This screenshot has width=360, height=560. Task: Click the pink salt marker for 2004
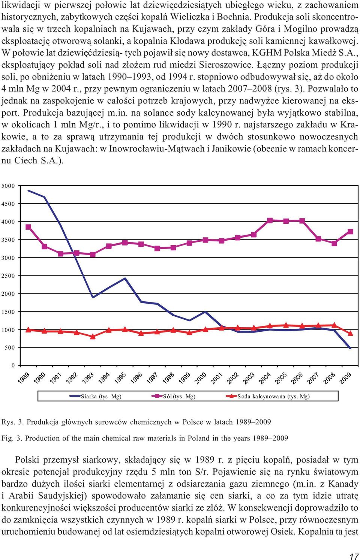(x=270, y=220)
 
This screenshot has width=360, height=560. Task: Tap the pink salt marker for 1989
(x=28, y=227)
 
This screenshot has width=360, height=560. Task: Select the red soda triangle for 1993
(x=93, y=337)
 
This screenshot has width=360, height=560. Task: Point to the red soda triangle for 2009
(x=350, y=333)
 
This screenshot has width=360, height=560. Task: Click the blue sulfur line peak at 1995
(x=125, y=278)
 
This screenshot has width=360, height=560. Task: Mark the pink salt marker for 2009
(x=350, y=232)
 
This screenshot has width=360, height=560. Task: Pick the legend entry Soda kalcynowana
(x=268, y=396)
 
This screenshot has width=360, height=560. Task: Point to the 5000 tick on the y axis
(x=8, y=186)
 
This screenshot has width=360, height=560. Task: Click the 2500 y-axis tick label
(x=8, y=276)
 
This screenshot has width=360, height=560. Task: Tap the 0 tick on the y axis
(x=13, y=365)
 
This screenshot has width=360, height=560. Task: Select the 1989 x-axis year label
(x=24, y=378)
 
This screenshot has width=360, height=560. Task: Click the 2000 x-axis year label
(x=200, y=378)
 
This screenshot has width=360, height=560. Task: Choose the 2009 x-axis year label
(x=345, y=378)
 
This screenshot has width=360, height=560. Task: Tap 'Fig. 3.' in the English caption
(x=12, y=438)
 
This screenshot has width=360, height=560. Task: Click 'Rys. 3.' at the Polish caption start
(x=13, y=422)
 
